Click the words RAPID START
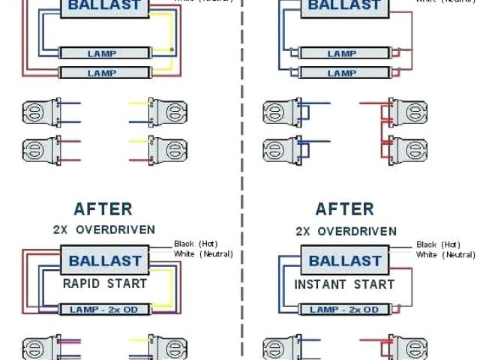pyautogui.click(x=105, y=284)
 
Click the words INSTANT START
pyautogui.click(x=344, y=284)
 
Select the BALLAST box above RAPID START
pyautogui.click(x=105, y=261)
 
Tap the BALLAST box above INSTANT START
pyautogui.click(x=344, y=261)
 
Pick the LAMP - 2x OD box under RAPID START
pyautogui.click(x=105, y=309)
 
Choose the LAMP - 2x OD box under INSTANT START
pyautogui.click(x=344, y=309)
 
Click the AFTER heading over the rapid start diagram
pyautogui.click(x=103, y=208)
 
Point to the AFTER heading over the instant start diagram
pyautogui.click(x=344, y=208)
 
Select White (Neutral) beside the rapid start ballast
pyautogui.click(x=202, y=254)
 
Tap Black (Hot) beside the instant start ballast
pyautogui.click(x=437, y=244)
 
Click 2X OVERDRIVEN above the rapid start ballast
pyautogui.click(x=104, y=229)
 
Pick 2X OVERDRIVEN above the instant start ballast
pyautogui.click(x=344, y=229)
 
